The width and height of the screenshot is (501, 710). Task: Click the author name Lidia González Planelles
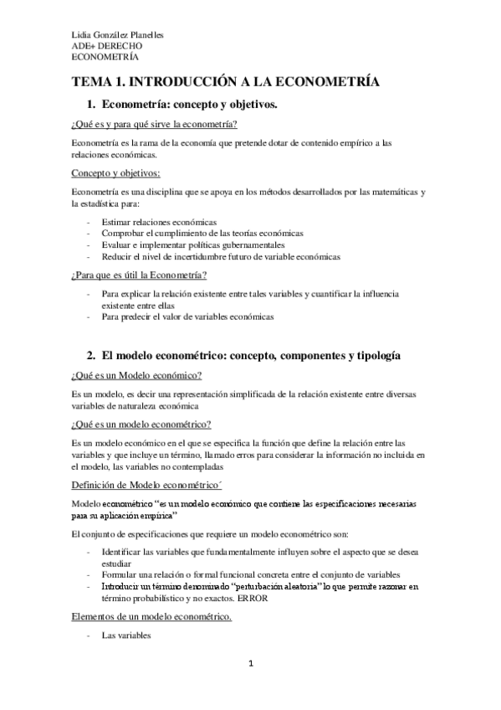pyautogui.click(x=117, y=35)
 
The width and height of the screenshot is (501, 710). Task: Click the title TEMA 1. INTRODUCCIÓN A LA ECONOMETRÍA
pyautogui.click(x=225, y=81)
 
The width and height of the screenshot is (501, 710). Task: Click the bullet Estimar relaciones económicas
pyautogui.click(x=158, y=221)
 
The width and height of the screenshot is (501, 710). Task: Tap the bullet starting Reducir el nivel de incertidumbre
pyautogui.click(x=221, y=256)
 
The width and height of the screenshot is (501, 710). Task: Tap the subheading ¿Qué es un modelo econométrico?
pyautogui.click(x=141, y=424)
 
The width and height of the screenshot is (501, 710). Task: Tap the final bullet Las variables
pyautogui.click(x=125, y=636)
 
